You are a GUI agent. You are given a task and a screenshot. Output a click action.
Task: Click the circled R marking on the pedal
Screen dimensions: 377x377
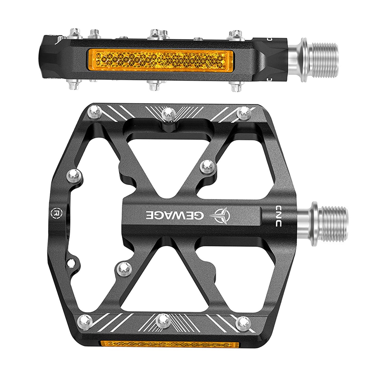point(55,212)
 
